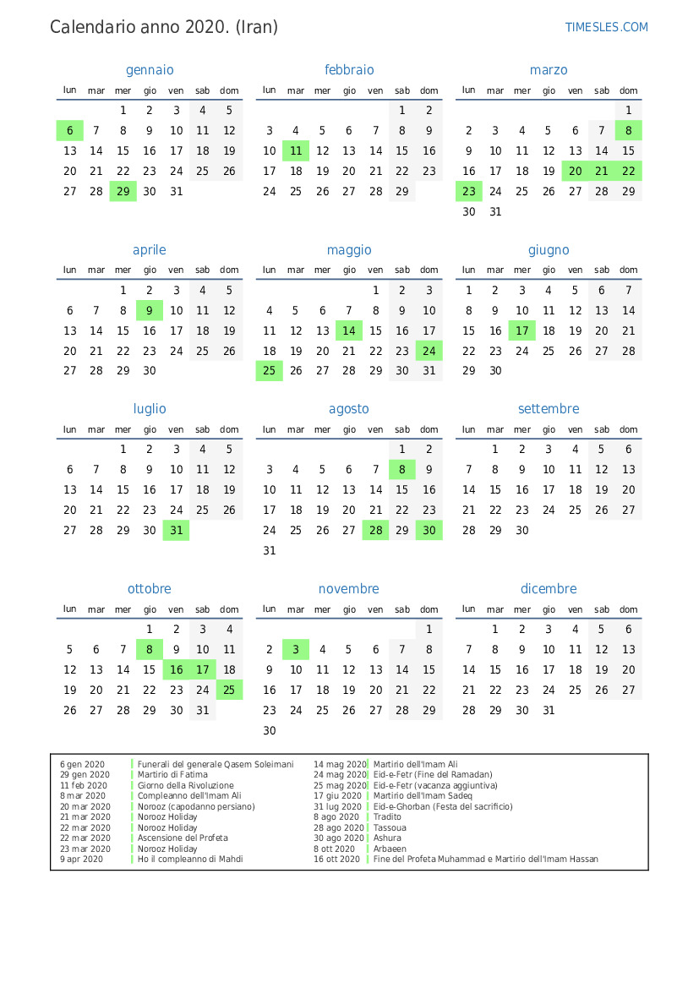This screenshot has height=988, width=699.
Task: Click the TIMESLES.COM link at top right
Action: click(606, 27)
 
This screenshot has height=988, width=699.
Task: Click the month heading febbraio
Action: click(349, 70)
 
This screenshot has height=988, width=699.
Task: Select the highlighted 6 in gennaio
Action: click(70, 130)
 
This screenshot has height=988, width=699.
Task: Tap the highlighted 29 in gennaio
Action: click(123, 191)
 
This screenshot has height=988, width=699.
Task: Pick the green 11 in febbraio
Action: click(296, 150)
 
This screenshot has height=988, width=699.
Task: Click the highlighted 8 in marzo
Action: click(628, 130)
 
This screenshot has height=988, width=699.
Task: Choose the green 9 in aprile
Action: click(150, 310)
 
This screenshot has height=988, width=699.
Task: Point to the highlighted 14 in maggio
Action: click(349, 330)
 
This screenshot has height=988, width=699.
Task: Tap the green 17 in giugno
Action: click(522, 330)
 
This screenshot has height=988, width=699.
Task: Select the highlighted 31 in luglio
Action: click(176, 530)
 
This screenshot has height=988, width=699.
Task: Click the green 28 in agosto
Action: click(375, 530)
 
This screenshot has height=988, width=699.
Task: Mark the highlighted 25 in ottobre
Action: click(229, 690)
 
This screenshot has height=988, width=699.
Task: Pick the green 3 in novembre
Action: click(296, 649)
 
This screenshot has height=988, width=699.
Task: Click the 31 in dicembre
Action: click(549, 710)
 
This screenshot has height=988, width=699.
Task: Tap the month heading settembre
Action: click(549, 409)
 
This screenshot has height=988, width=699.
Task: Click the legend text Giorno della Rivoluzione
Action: click(186, 785)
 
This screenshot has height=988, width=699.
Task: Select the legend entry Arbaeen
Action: click(390, 849)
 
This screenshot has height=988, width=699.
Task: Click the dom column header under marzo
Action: click(628, 90)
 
